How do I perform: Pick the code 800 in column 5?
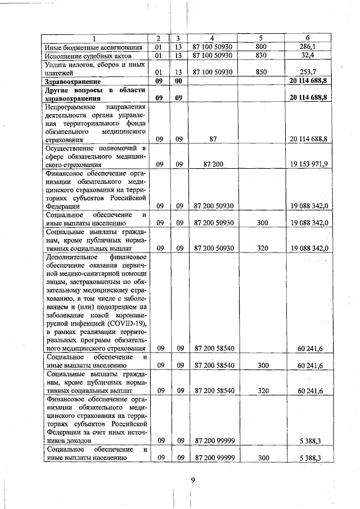point(260,47)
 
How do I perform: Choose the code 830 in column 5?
point(260,56)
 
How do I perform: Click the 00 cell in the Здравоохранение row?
point(179,82)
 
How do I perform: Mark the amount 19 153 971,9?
point(310,165)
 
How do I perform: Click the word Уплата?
point(56,65)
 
